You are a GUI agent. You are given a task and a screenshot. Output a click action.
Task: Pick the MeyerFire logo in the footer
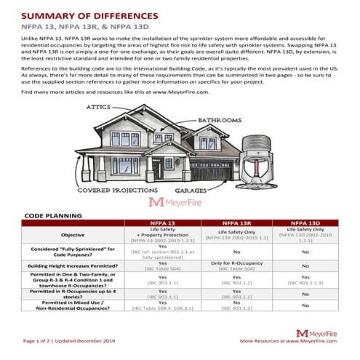click(x=316, y=332)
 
